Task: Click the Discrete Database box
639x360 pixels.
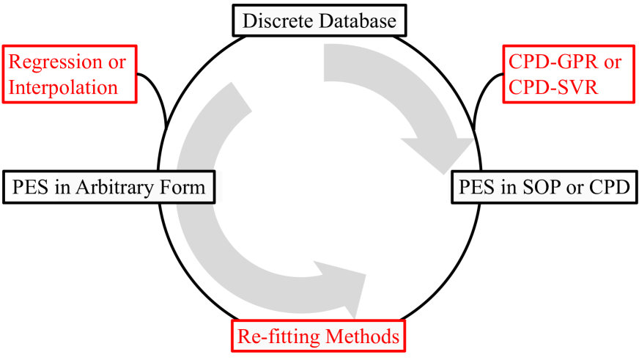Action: click(319, 20)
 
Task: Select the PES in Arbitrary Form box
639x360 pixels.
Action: click(111, 187)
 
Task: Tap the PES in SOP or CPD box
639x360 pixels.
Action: click(544, 187)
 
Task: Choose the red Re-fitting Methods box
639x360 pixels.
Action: click(318, 337)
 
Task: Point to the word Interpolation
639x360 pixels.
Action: click(64, 87)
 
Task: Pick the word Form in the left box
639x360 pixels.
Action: click(185, 187)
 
